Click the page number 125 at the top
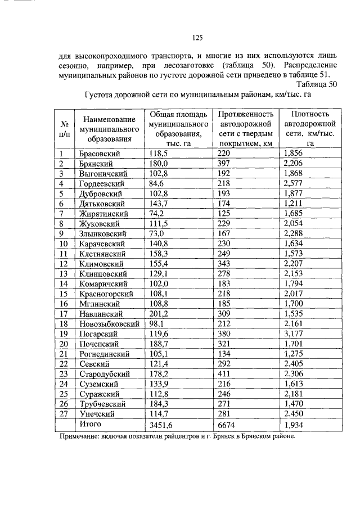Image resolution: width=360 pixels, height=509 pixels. click(197, 38)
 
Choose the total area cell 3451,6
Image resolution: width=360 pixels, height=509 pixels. click(162, 425)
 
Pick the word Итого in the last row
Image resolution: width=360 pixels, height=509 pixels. click(91, 424)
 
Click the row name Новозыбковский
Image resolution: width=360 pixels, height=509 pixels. click(109, 325)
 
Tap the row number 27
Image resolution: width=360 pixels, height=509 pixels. click(64, 413)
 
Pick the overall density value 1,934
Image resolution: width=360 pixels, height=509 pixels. click(295, 425)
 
